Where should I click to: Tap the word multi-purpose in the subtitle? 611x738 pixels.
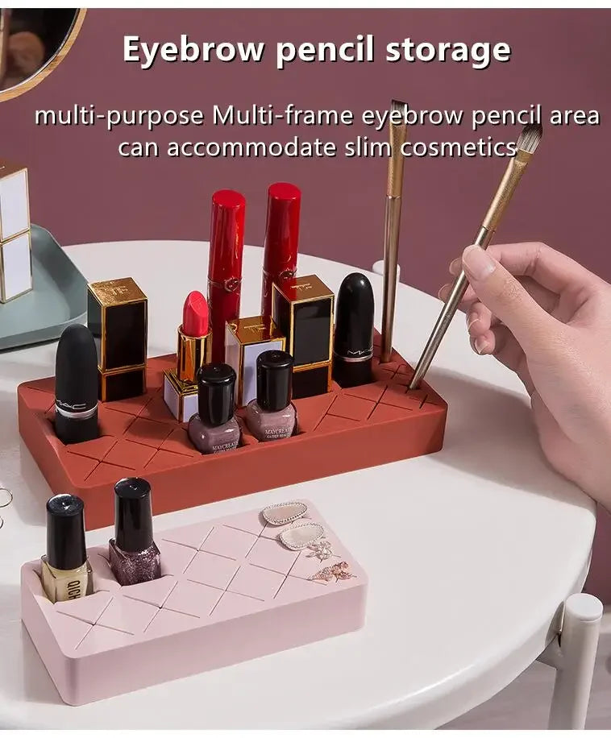click(x=119, y=116)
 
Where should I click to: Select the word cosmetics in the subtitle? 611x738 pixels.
click(x=459, y=147)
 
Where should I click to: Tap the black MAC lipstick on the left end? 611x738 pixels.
click(x=77, y=384)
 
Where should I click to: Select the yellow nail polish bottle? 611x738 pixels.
click(x=67, y=549)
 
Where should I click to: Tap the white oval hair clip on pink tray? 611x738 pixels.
click(x=285, y=514)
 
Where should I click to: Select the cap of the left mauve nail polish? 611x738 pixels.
click(x=217, y=393)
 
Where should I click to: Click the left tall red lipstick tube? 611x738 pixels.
click(x=226, y=273)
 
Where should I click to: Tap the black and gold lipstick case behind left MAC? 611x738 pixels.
click(x=118, y=338)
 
